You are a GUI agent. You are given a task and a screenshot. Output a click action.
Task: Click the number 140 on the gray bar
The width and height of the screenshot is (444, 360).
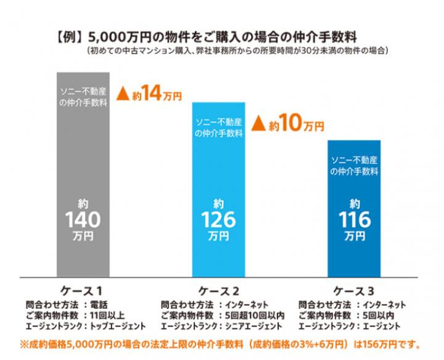click(83, 219)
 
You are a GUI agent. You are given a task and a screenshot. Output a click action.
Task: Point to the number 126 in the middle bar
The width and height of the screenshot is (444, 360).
click(218, 219)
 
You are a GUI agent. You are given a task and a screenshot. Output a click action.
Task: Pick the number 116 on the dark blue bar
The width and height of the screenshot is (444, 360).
click(354, 219)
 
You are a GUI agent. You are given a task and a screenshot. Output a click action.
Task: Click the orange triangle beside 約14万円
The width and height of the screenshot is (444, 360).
click(122, 95)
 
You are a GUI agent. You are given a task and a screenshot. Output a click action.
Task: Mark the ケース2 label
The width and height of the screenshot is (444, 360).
click(218, 290)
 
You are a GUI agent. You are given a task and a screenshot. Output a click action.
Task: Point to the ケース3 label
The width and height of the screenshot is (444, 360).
click(354, 290)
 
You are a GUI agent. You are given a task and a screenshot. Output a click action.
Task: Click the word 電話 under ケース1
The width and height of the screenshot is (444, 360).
click(99, 305)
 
